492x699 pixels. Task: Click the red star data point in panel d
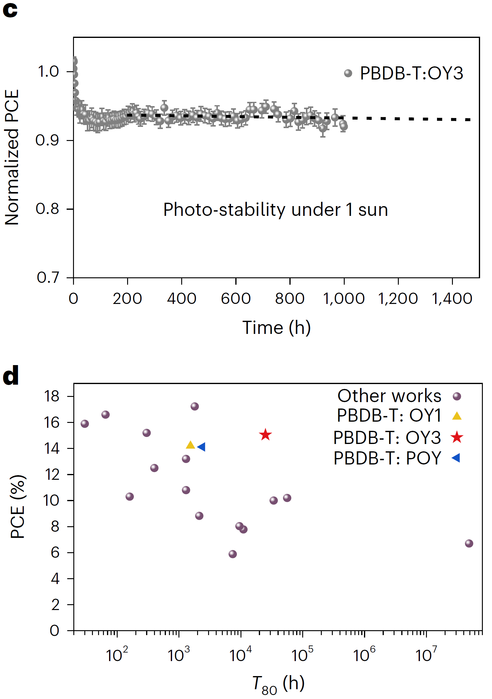pos(265,435)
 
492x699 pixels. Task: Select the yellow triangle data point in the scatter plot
pos(190,445)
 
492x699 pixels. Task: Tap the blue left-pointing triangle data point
pos(201,447)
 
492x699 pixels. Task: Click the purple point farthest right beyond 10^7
pos(469,543)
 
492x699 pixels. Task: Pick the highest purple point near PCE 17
pos(195,406)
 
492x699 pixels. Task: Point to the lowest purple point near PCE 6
pos(233,554)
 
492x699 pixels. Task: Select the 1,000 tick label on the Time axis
pos(344,298)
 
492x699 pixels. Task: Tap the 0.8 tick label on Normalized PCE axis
pos(47,209)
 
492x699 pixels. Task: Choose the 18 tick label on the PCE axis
pos(52,396)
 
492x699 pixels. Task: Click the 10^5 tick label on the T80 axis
pos(302,654)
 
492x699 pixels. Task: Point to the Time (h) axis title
pos(277,328)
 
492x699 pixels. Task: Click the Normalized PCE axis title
pos(12,157)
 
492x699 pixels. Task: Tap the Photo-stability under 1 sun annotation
pos(276,210)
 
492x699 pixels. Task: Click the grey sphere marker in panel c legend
pos(348,73)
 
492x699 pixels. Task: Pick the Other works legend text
pos(389,396)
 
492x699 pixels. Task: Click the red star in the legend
pos(457,437)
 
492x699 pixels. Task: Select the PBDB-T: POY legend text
pos(387,458)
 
